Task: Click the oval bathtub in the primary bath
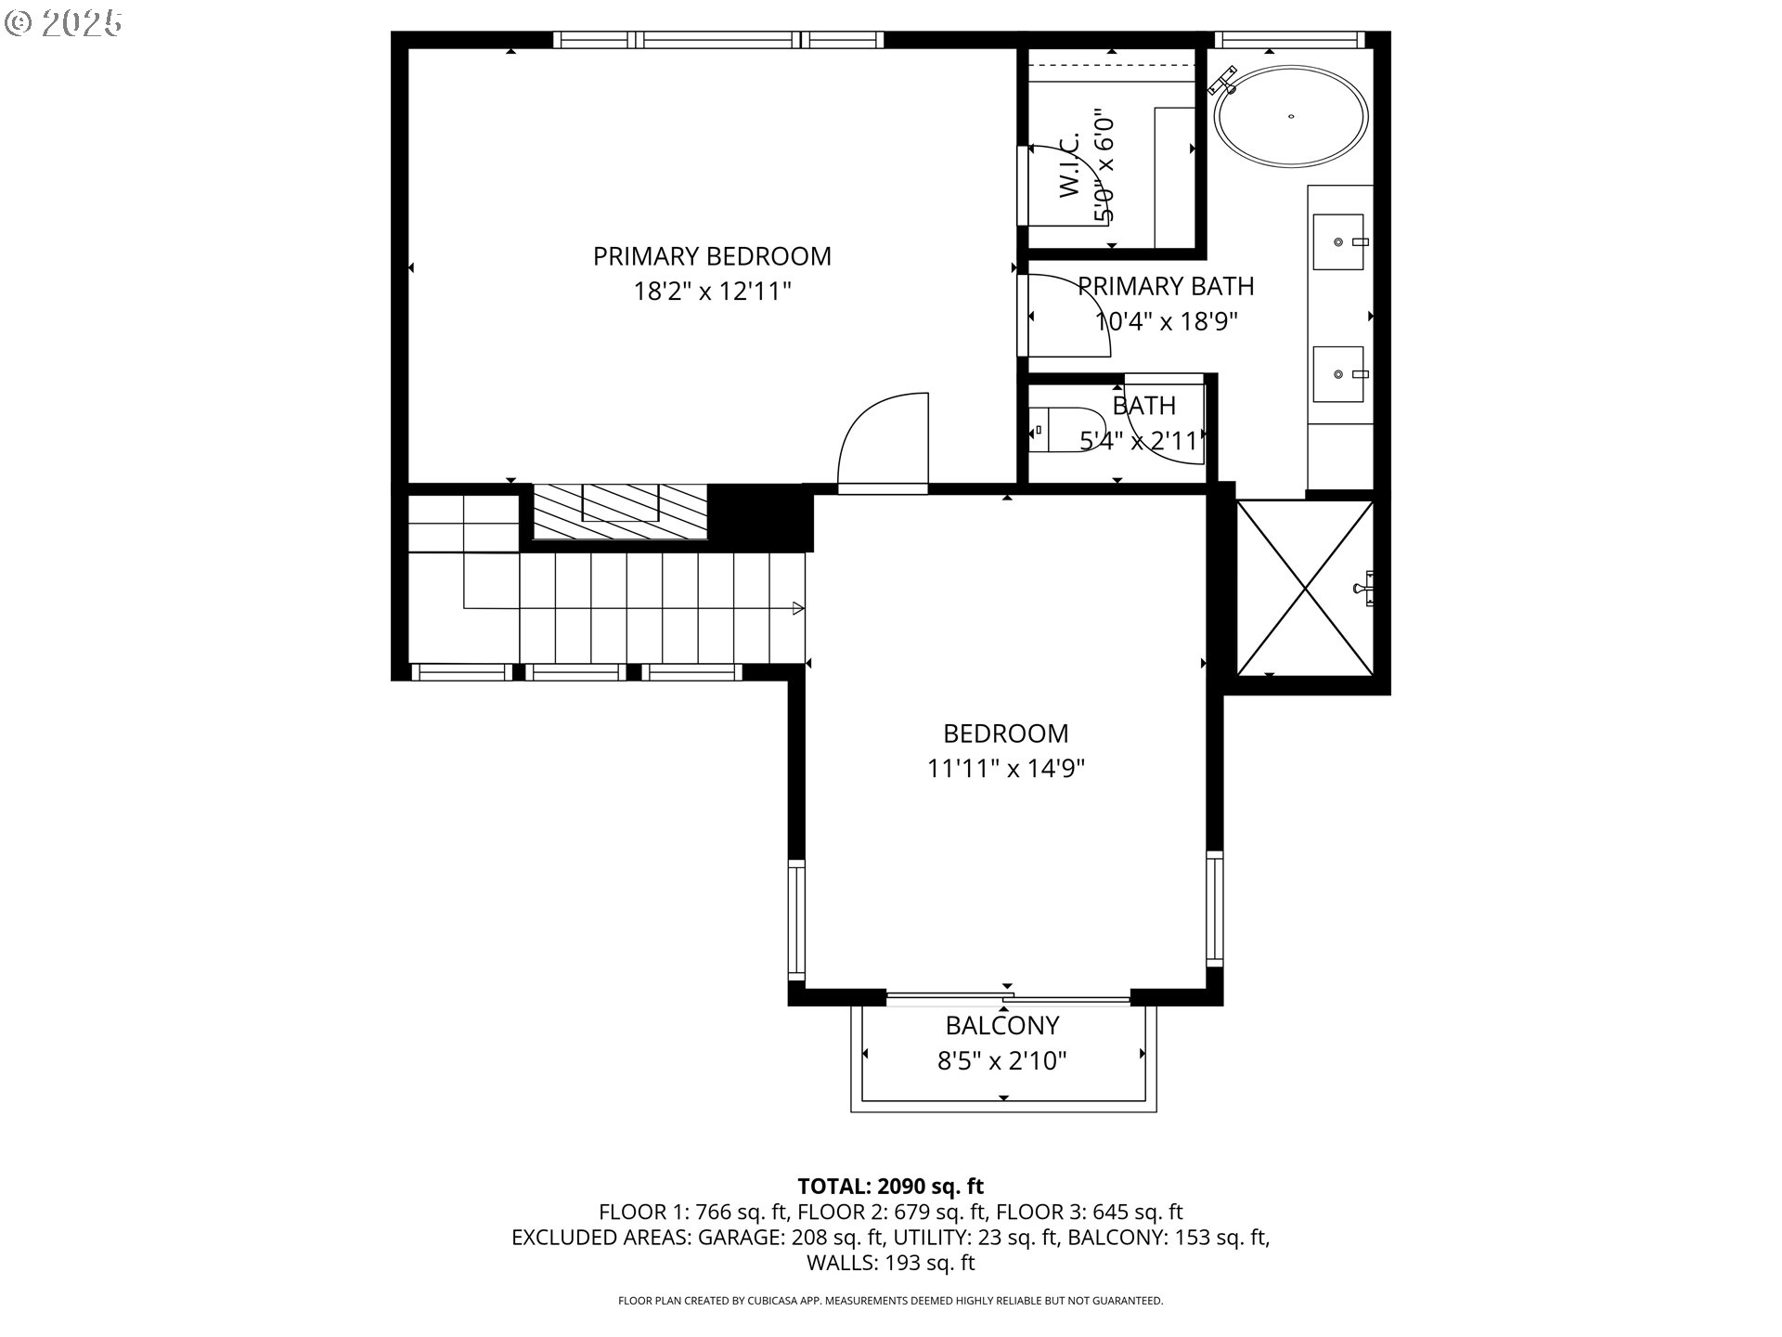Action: pyautogui.click(x=1292, y=117)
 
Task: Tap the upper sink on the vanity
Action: pyautogui.click(x=1338, y=241)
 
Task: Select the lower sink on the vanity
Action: pyautogui.click(x=1338, y=374)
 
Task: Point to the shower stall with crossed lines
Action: pyautogui.click(x=1305, y=588)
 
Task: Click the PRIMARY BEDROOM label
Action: pyautogui.click(x=712, y=256)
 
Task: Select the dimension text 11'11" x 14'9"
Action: pyautogui.click(x=1006, y=769)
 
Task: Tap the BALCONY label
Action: pyautogui.click(x=1001, y=1025)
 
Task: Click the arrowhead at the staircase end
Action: pyautogui.click(x=797, y=608)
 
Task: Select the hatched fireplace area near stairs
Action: pyautogui.click(x=619, y=511)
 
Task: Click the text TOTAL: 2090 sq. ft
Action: pyautogui.click(x=890, y=1186)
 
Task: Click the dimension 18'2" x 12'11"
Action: pyautogui.click(x=712, y=292)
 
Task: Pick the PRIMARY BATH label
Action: pyautogui.click(x=1166, y=286)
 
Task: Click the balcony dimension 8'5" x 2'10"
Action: pyautogui.click(x=1001, y=1060)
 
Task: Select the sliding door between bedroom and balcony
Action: pyautogui.click(x=1008, y=999)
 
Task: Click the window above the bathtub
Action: pyautogui.click(x=1287, y=40)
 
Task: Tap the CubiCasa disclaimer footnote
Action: pyautogui.click(x=890, y=1301)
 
